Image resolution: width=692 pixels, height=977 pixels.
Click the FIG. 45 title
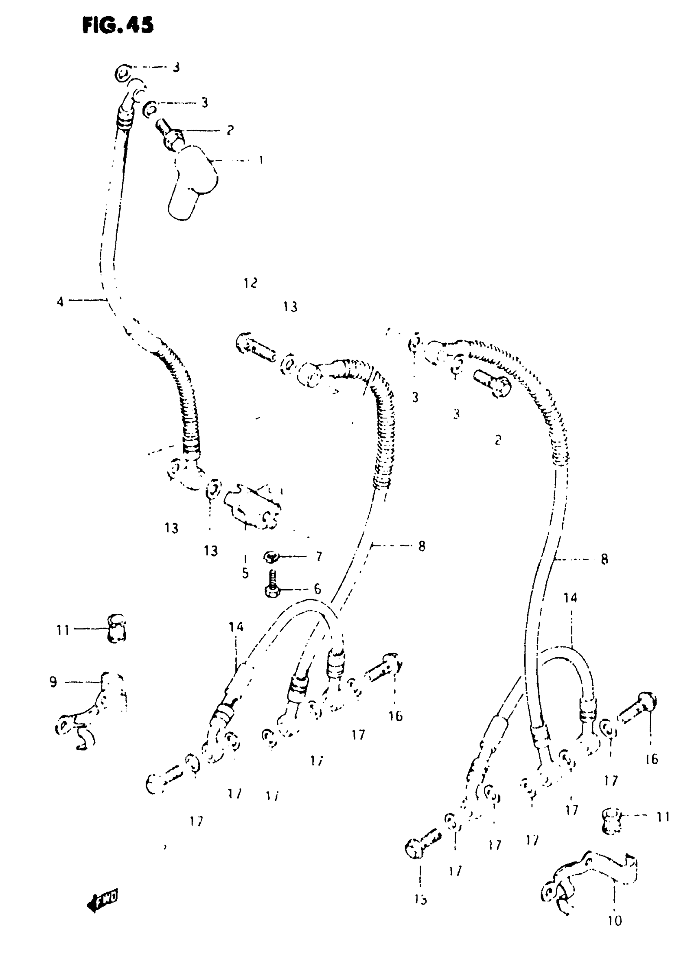click(118, 25)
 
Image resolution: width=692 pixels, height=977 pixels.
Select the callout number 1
click(261, 160)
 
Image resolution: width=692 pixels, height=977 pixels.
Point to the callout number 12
click(251, 283)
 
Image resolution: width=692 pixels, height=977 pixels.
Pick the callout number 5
click(245, 574)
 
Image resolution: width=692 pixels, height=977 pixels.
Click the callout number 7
click(319, 556)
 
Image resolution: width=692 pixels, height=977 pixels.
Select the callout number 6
click(318, 589)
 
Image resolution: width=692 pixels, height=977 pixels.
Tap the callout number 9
click(53, 683)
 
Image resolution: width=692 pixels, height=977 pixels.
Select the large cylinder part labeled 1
click(192, 181)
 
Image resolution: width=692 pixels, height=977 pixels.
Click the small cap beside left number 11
click(116, 628)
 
